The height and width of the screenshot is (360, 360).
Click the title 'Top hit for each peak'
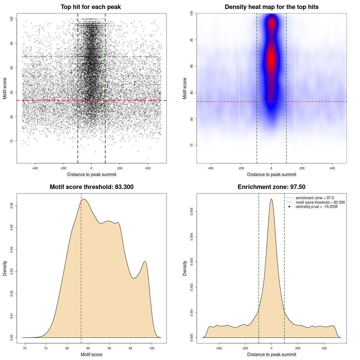91,7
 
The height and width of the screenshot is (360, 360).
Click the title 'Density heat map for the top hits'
271,7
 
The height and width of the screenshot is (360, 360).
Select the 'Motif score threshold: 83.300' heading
91,187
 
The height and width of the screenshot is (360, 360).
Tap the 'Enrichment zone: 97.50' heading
271,187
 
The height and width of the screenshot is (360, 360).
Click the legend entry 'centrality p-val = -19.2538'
316,207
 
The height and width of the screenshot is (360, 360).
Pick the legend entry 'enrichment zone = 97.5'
315,198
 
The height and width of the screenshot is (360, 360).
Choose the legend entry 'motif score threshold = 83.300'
320,202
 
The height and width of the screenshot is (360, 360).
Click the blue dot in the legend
289,207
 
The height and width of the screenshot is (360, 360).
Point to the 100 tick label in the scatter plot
12,19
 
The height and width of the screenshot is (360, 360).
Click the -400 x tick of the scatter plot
35,168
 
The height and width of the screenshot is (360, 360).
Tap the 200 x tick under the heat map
302,168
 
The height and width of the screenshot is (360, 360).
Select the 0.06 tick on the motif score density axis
12,206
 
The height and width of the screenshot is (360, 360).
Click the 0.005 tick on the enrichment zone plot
192,211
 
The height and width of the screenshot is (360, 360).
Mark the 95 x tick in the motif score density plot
130,348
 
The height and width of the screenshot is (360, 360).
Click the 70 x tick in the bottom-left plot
25,348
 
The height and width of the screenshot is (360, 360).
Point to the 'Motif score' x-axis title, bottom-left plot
91,354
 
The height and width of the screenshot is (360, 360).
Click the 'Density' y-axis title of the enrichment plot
185,268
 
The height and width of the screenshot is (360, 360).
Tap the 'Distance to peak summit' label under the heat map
271,174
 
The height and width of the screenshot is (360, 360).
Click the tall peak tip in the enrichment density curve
271,199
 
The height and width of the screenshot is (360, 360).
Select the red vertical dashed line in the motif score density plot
81,267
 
